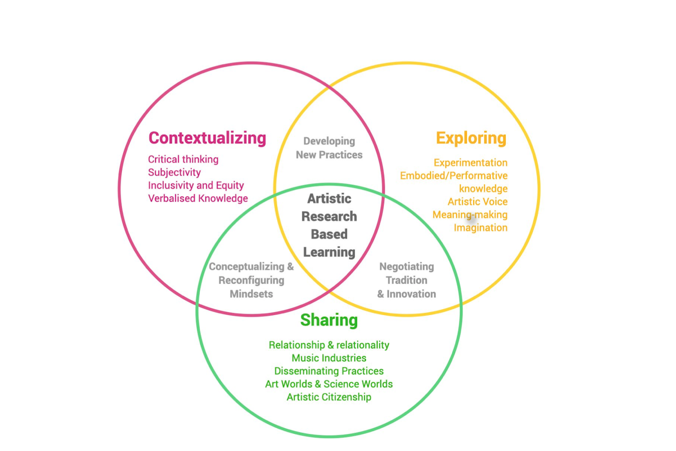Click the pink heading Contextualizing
[x=207, y=138]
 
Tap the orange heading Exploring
[x=471, y=139]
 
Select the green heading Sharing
[x=329, y=320]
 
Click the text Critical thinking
[x=183, y=159]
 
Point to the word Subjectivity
[x=174, y=172]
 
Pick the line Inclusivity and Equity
[x=196, y=185]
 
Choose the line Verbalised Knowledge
[x=198, y=198]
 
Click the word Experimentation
[x=471, y=163]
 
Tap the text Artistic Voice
[x=478, y=202]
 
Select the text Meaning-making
[x=470, y=215]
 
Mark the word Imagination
[x=481, y=227]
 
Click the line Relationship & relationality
[x=329, y=345]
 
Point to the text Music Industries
[x=329, y=358]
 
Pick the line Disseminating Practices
[x=329, y=371]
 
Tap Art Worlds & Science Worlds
[x=329, y=384]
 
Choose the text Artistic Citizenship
[x=329, y=397]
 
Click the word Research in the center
[x=329, y=216]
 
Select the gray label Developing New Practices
[x=329, y=148]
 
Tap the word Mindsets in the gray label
[x=251, y=294]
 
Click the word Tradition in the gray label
[x=406, y=280]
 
